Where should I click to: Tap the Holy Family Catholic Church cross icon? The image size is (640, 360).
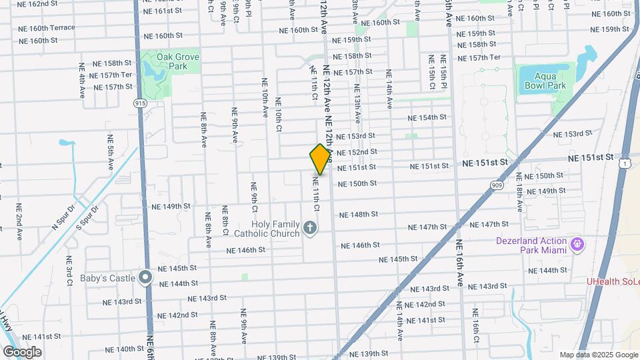pos(309,229)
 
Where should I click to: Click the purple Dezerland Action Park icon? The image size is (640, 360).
pos(577,246)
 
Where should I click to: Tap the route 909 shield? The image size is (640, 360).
pos(497,186)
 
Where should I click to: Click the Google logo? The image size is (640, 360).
pos(22,352)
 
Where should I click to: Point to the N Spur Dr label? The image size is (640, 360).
pos(65,217)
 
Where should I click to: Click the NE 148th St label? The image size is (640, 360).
pos(359,215)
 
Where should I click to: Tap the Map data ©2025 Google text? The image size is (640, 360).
pos(598,355)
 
